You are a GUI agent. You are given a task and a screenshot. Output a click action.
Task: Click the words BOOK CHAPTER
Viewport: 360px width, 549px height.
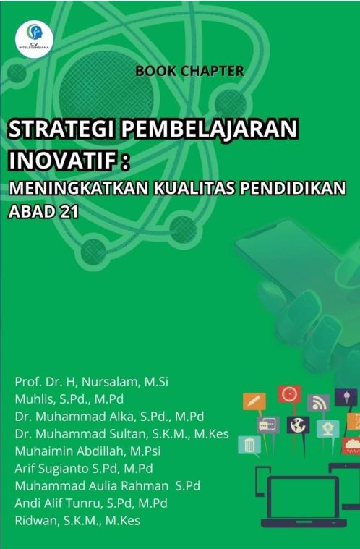point(189,71)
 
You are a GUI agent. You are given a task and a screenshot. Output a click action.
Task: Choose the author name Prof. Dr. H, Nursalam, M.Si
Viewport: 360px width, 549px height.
point(91,382)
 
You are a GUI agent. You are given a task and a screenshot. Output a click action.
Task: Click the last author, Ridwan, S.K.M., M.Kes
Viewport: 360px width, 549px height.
point(77,520)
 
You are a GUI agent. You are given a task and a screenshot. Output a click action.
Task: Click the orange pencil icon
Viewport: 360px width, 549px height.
point(254,401)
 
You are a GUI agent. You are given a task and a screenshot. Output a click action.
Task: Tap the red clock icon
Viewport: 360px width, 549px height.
point(289,394)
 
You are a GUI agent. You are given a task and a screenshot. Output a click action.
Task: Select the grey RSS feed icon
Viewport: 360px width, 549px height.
point(318,403)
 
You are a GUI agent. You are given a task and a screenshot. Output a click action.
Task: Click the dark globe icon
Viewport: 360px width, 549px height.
point(297,425)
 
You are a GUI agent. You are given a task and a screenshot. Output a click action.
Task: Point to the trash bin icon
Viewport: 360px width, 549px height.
point(249,444)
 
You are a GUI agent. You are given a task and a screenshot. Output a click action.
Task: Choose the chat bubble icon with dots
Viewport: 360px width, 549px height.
point(267,425)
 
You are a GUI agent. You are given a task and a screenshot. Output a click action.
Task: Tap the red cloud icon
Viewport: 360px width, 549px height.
point(352,445)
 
